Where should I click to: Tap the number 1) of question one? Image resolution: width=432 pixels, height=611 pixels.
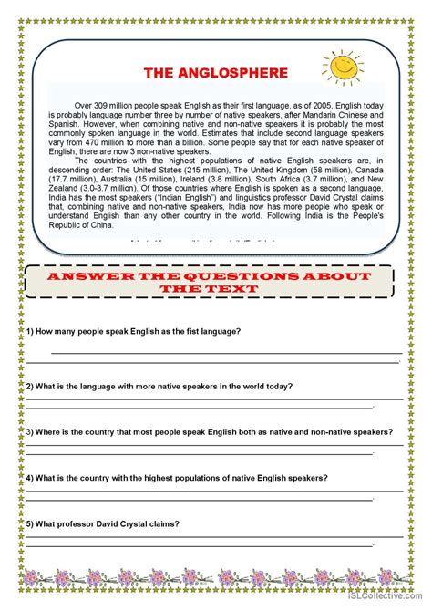click(30, 331)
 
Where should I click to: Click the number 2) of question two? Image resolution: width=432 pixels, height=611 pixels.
click(30, 386)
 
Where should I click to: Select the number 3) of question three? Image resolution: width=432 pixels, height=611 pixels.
click(30, 431)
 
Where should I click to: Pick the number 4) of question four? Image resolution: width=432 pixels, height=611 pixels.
click(30, 478)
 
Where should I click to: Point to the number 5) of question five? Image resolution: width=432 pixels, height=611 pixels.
click(30, 523)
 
